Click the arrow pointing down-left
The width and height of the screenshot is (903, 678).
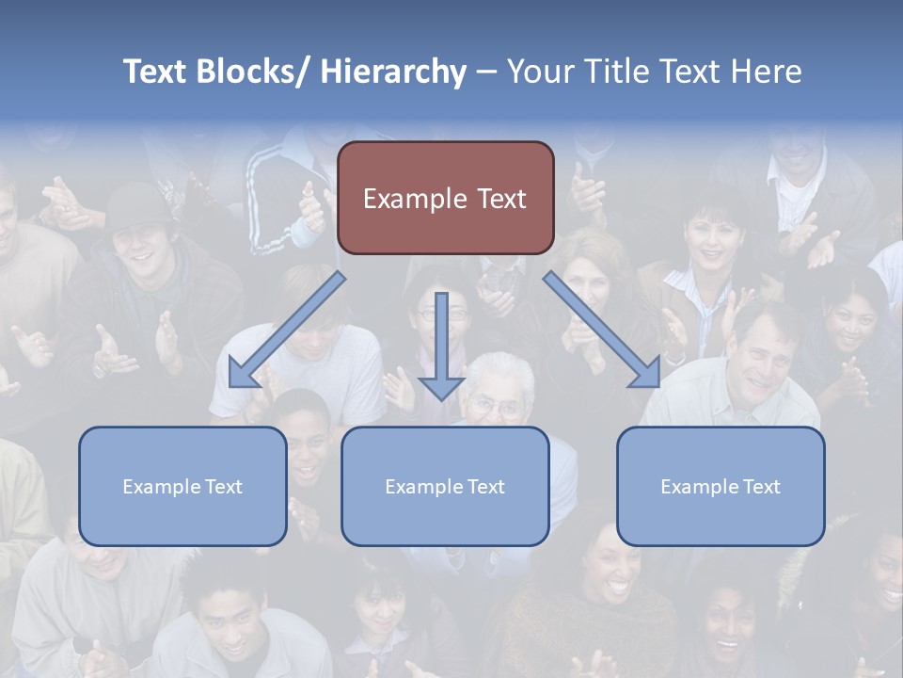tap(287, 331)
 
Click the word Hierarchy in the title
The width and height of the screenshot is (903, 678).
tap(393, 72)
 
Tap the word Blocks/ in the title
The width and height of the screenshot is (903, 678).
tap(247, 72)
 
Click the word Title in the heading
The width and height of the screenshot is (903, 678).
tap(616, 72)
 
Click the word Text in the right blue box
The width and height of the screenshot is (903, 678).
tap(760, 486)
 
